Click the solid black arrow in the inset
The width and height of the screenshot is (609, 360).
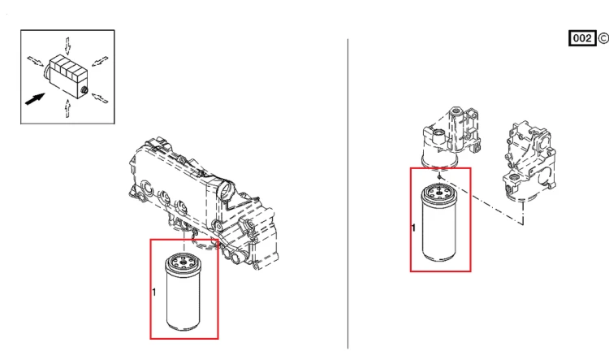coord(35,99)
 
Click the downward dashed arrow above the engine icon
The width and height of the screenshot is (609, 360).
coord(68,46)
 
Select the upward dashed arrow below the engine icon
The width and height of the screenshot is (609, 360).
coord(67,108)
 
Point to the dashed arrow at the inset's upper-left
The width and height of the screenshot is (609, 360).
coord(35,61)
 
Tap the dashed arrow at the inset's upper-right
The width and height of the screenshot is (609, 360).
coord(100,61)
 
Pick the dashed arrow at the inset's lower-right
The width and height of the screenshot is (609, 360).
coord(100,98)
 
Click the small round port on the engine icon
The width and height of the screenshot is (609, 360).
coord(84,91)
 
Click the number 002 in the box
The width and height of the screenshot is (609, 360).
coord(582,38)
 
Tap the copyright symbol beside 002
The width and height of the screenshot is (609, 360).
coord(603,38)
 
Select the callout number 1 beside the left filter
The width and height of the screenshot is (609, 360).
coord(154,292)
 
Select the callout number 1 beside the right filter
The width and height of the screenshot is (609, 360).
coord(413,228)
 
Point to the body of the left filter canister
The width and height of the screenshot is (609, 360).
coord(183,296)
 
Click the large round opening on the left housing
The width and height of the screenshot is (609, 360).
coord(227,190)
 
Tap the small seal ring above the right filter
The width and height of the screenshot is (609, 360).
coord(439,176)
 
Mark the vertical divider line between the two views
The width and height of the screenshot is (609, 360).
coord(348,193)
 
